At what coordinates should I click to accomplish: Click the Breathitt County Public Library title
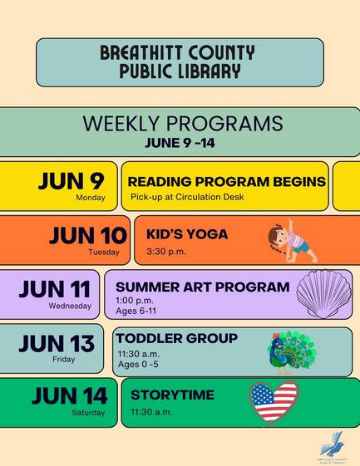[x=177, y=61]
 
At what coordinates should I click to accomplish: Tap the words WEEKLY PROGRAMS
[x=183, y=123]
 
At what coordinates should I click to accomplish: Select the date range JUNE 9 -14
[x=180, y=143]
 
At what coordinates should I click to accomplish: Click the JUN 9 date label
[x=72, y=181]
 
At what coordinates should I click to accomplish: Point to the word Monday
[x=91, y=198]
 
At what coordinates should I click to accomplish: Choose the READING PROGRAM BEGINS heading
[x=227, y=182]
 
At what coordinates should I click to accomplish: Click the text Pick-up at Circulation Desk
[x=187, y=197]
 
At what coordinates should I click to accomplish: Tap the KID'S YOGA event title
[x=187, y=234]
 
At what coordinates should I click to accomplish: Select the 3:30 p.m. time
[x=166, y=252]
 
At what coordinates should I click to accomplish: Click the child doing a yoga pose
[x=292, y=242]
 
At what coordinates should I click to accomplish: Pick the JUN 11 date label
[x=55, y=289]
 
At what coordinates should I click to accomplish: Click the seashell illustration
[x=324, y=293]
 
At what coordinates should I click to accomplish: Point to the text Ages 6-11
[x=136, y=311]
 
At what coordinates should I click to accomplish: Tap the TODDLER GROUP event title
[x=177, y=338]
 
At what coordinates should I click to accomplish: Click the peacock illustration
[x=292, y=352]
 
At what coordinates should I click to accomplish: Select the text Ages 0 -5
[x=138, y=364]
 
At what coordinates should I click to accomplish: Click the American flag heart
[x=274, y=402]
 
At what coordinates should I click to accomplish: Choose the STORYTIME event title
[x=173, y=395]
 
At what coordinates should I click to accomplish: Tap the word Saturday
[x=88, y=413]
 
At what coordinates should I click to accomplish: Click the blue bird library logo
[x=333, y=444]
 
